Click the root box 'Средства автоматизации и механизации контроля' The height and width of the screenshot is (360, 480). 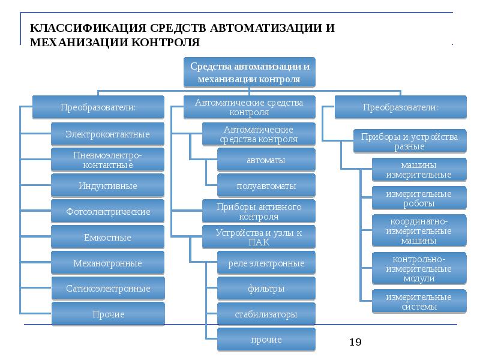click(249, 72)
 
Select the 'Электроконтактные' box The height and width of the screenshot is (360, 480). click(107, 134)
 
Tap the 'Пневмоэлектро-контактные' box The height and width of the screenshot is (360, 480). click(107, 160)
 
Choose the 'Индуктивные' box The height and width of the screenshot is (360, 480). click(107, 186)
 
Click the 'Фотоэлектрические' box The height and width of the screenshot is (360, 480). click(107, 212)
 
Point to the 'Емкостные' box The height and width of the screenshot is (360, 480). click(107, 238)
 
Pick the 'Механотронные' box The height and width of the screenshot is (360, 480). click(107, 263)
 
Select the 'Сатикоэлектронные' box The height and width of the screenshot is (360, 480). click(108, 289)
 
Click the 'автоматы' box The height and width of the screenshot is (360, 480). click(266, 160)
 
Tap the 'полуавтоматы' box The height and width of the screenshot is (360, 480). click(266, 186)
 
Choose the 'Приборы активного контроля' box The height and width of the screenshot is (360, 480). click(258, 211)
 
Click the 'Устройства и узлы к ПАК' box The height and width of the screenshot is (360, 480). click(258, 237)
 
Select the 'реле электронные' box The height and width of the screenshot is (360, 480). click(266, 263)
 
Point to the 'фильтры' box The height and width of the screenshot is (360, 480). click(266, 289)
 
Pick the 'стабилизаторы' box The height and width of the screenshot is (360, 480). click(266, 314)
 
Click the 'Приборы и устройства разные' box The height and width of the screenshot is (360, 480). click(409, 142)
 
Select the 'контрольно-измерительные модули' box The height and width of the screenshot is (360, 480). click(419, 269)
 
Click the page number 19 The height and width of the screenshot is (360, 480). click(355, 342)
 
